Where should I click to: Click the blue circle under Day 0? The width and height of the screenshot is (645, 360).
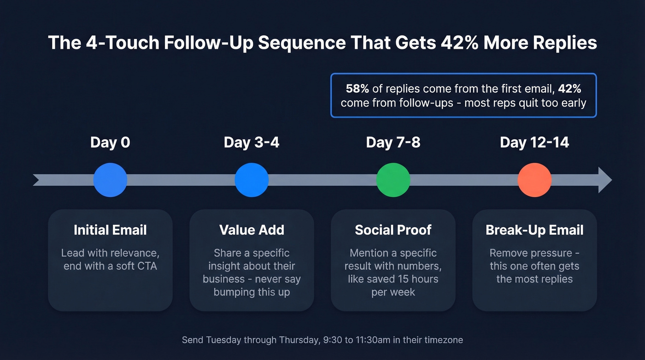coord(110,180)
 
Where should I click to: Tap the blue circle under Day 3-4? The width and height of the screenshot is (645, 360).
coord(252,180)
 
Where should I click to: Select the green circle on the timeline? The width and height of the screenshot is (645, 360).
coord(393,180)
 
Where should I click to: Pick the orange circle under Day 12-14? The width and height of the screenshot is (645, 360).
coord(534,180)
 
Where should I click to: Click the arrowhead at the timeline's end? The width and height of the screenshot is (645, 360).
coord(605,180)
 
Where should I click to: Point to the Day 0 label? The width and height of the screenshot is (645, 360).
coord(110,142)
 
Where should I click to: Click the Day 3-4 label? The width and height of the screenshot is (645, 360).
coord(252,142)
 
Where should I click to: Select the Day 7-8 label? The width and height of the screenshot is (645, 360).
coord(393,142)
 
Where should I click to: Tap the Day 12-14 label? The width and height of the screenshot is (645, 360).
coord(534,142)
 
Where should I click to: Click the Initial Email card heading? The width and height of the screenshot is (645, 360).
coord(110,230)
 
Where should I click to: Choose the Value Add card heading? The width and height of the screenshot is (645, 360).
coord(252,230)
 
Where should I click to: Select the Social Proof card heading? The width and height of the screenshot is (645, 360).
coord(393,230)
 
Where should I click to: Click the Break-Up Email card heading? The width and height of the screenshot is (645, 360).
coord(534,230)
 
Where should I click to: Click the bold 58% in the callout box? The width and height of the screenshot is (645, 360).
coord(358,89)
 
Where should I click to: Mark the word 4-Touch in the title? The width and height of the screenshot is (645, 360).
coord(113,43)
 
